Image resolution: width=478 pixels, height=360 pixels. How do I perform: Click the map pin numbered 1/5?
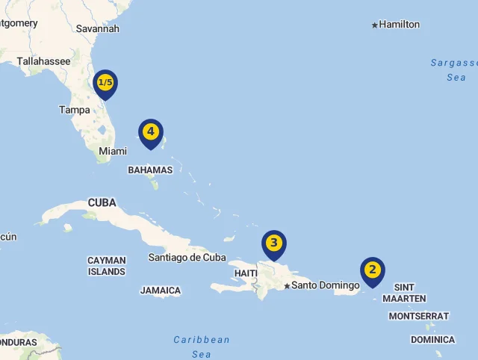(105, 83)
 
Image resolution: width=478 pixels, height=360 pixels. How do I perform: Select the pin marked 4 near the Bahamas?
(151, 132)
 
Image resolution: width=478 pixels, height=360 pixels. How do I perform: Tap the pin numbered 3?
(274, 243)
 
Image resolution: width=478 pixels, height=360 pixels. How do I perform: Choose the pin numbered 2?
(372, 270)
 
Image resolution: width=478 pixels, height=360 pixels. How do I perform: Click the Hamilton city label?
(399, 25)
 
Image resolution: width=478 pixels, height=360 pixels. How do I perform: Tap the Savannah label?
(98, 28)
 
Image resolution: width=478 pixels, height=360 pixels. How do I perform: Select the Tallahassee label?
(43, 61)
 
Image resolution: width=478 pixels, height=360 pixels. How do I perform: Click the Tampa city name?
(75, 110)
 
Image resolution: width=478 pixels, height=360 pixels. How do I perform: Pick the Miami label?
(113, 151)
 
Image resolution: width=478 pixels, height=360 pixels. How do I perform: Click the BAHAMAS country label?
(150, 170)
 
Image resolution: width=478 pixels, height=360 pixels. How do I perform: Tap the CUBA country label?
(102, 202)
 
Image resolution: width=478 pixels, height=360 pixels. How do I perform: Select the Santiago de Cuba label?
(187, 258)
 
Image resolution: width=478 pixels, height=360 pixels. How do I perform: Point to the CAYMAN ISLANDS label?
(107, 266)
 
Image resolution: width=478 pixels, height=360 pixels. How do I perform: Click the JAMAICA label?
(161, 291)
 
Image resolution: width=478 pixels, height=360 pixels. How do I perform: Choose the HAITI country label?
(246, 273)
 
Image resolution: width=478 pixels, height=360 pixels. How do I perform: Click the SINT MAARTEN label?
(404, 293)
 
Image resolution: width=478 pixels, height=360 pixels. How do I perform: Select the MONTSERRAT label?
(419, 316)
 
